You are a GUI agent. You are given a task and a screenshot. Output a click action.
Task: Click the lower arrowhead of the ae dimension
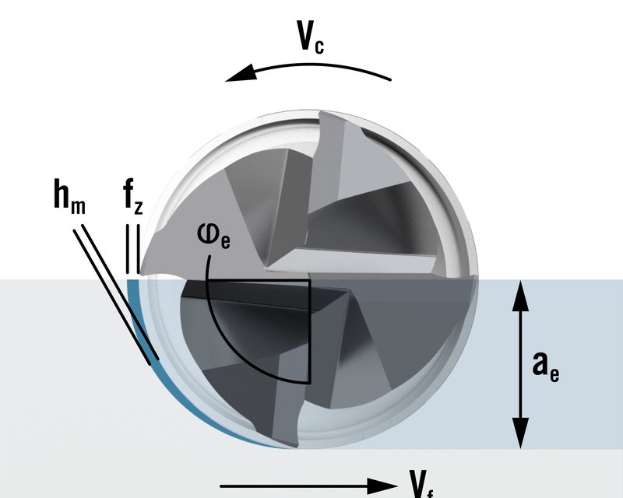pos(516,438)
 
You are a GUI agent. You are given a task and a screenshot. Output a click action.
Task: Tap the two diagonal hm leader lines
pos(117,296)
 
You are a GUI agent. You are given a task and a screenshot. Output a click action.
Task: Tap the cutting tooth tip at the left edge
pos(141,275)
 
